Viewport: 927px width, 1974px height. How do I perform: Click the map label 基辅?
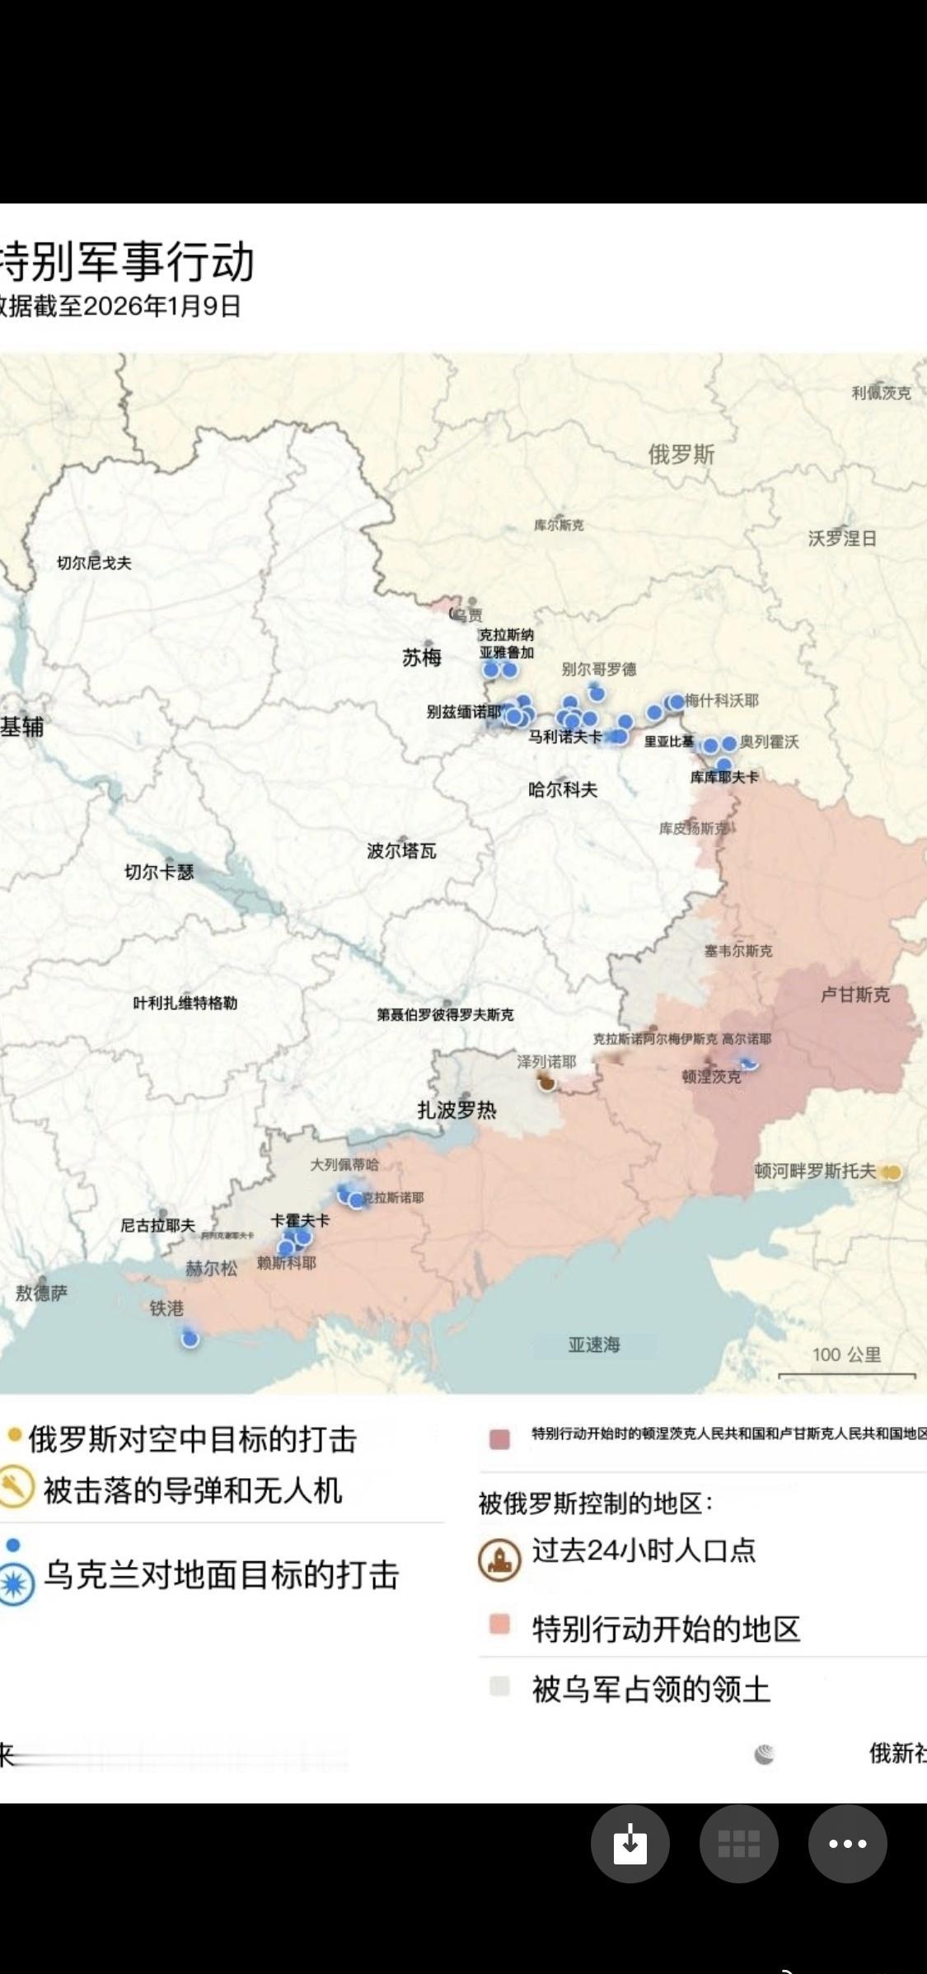pos(22,727)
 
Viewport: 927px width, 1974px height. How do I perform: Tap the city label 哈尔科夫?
pos(563,789)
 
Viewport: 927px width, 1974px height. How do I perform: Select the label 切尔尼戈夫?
pos(93,563)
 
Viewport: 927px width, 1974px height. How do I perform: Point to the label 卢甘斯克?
pos(855,994)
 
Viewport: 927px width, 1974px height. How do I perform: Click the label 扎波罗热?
pos(457,1110)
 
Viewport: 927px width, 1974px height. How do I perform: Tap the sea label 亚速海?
pos(594,1345)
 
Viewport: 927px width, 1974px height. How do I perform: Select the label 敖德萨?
pos(41,1293)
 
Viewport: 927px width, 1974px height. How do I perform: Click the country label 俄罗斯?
pos(681,454)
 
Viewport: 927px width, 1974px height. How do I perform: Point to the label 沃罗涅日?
pos(842,538)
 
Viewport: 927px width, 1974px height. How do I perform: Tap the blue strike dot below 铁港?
pos(190,1339)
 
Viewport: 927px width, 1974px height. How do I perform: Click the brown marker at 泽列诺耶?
pos(547,1083)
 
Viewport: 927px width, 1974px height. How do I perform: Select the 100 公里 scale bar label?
pos(846,1354)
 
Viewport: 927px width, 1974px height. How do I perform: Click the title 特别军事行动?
pos(128,262)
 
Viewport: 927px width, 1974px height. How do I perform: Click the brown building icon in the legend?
pos(499,1559)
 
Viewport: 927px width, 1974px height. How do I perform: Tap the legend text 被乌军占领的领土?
pos(651,1689)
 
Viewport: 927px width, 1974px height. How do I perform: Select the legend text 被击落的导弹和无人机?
pos(193,1490)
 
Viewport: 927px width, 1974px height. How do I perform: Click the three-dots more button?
pos(847,1844)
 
